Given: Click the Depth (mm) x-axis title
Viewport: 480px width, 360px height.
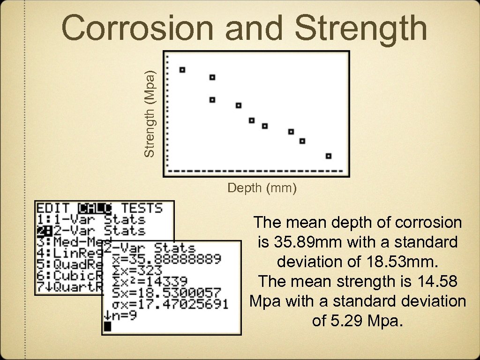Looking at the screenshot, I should (x=262, y=188).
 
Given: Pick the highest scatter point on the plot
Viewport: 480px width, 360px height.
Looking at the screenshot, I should (x=182, y=70).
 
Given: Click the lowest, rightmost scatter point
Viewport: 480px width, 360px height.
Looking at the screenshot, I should (x=329, y=156).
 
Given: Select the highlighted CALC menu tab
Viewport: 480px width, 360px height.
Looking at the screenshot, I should (x=96, y=208).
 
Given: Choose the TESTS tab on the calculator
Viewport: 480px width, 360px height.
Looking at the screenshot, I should (x=142, y=208).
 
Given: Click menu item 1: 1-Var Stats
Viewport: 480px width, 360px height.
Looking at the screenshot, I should (x=91, y=219).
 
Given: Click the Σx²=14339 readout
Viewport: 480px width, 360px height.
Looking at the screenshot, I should (x=145, y=281).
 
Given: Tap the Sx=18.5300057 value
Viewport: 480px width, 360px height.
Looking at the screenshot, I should (x=162, y=293).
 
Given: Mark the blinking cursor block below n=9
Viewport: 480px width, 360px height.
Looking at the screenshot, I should (x=108, y=326).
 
